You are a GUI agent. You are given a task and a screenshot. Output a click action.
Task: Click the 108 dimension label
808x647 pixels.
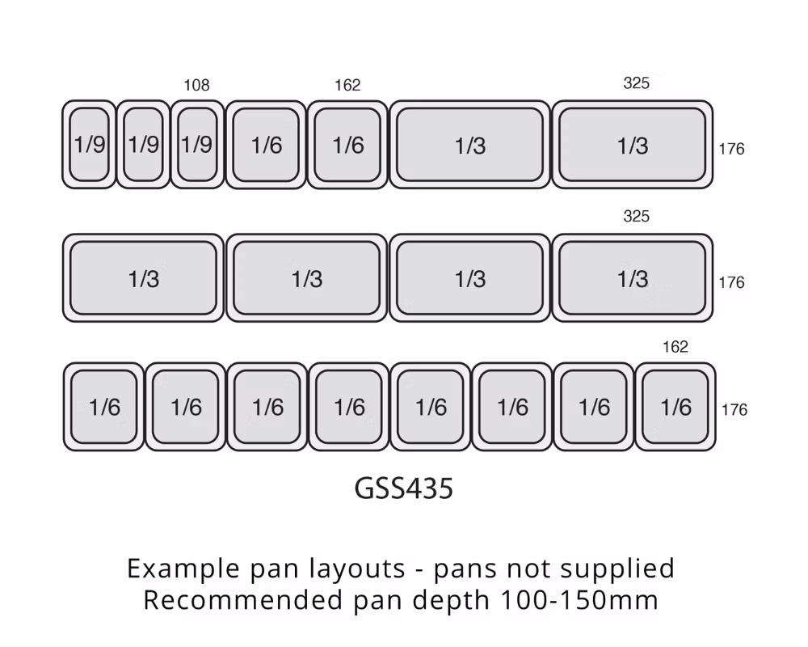coord(196,85)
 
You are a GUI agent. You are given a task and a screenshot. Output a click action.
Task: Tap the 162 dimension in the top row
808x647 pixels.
coord(347,85)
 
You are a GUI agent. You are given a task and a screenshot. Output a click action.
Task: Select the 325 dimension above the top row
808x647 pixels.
coord(637,83)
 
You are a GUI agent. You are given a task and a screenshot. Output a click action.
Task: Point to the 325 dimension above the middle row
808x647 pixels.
coord(637,216)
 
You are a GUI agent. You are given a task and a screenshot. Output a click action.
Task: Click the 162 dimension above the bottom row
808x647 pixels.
coord(675,347)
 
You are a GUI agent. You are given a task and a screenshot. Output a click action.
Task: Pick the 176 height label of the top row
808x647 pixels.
coord(732,149)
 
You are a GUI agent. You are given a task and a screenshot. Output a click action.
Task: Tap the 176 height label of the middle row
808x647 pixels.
coord(732,282)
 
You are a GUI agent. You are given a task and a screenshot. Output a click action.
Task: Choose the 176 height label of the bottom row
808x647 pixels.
coord(734,410)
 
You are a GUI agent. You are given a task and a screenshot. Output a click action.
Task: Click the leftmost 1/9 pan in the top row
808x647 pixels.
coord(89,145)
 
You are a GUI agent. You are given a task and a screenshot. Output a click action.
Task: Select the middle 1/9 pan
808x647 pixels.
coord(143,145)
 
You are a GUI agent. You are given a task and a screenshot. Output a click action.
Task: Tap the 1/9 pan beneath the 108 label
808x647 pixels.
coord(197,145)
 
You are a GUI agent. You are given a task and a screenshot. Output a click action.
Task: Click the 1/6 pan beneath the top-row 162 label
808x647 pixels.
coord(347,145)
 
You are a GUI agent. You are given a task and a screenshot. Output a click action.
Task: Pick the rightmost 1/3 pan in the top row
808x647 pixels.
coord(633,145)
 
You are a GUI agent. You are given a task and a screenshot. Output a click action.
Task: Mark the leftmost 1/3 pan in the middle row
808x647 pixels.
coord(143,278)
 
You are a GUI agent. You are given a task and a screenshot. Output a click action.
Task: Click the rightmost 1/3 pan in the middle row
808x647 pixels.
coord(633,278)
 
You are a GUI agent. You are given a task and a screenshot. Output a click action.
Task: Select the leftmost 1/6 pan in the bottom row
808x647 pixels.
coord(103,407)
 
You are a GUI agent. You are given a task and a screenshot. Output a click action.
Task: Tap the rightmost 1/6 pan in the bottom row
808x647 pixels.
coord(675,407)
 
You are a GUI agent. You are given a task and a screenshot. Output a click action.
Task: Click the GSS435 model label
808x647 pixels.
coord(403,488)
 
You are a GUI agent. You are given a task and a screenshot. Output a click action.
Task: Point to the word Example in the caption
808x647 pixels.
coord(183,569)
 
